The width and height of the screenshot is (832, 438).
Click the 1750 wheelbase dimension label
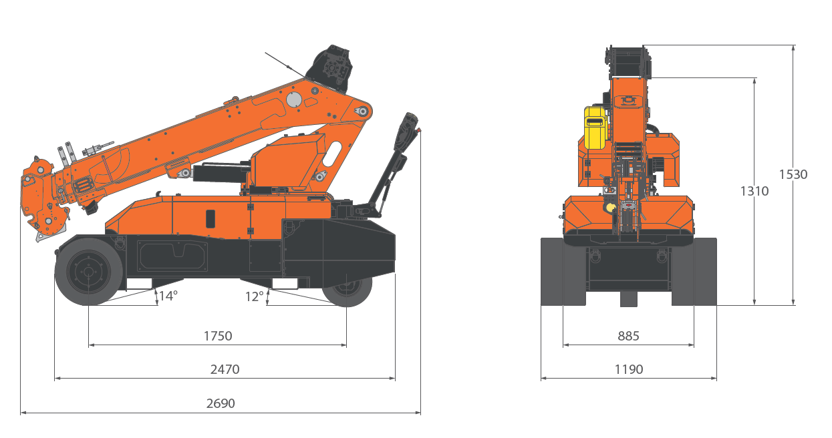(x=218, y=336)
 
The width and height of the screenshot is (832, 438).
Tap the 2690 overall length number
(x=221, y=403)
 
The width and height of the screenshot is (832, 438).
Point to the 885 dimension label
(x=628, y=336)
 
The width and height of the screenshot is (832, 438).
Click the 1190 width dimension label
(x=628, y=369)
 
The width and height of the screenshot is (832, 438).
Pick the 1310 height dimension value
(x=754, y=191)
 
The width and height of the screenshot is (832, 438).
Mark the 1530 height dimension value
(x=793, y=174)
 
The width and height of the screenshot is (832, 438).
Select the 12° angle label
(x=254, y=296)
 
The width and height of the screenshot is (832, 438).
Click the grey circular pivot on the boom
(x=294, y=99)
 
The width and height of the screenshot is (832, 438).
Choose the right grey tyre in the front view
(x=695, y=271)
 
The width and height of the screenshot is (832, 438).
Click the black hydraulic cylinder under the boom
(x=217, y=173)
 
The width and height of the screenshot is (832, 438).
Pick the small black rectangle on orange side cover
(x=211, y=218)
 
